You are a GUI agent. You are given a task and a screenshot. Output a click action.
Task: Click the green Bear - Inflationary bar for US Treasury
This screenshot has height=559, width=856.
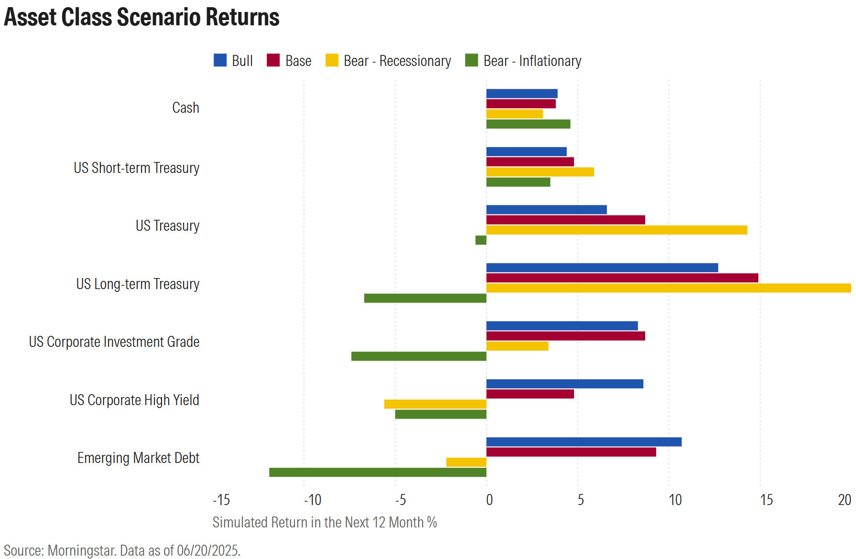click(481, 240)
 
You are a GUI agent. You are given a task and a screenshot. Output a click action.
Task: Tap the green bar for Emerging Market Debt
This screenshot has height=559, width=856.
click(378, 472)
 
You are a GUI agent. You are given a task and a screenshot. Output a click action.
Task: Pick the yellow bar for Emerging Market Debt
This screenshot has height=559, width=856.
click(466, 462)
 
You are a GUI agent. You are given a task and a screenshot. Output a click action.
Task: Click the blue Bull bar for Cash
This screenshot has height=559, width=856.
click(521, 94)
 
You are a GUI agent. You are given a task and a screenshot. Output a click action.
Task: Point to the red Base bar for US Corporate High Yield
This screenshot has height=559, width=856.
click(530, 394)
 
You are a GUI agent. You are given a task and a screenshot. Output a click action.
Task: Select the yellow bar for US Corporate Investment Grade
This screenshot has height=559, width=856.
click(517, 346)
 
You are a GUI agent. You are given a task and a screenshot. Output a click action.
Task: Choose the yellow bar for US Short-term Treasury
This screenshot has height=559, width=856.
click(540, 172)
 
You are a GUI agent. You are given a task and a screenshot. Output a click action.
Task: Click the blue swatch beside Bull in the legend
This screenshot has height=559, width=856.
click(220, 60)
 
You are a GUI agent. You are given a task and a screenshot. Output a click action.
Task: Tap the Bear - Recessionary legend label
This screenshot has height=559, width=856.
click(397, 61)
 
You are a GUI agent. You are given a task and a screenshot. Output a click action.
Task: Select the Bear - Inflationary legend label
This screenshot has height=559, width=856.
click(532, 61)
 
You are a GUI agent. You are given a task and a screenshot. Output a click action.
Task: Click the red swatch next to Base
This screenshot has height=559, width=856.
click(273, 60)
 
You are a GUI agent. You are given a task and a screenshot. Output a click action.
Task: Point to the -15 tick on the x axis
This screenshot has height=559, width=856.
click(221, 500)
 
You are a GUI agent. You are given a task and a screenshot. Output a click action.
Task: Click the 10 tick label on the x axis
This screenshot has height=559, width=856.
click(675, 500)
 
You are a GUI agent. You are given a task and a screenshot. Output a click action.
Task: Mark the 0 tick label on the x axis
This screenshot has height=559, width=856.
click(489, 500)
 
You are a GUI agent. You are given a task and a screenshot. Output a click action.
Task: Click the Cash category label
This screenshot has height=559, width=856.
click(185, 108)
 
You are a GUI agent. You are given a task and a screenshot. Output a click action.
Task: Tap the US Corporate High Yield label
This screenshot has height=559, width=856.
click(134, 400)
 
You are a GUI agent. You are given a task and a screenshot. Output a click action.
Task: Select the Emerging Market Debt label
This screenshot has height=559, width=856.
click(138, 458)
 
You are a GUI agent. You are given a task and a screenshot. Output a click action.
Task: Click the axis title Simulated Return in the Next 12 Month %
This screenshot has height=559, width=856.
click(325, 522)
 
